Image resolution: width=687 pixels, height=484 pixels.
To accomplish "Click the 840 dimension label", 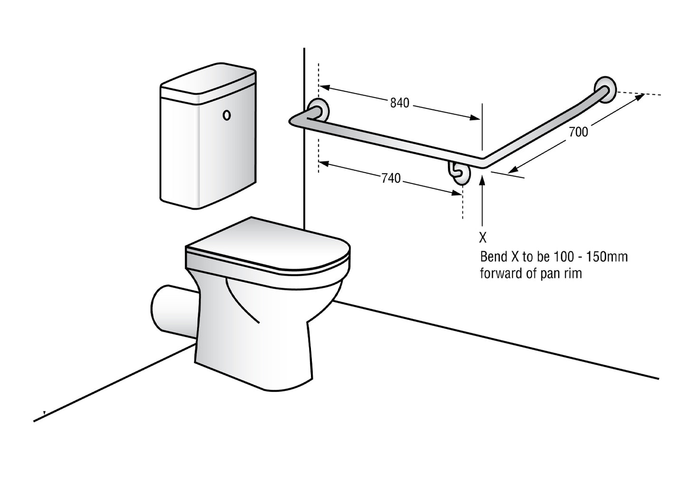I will coord(399,103).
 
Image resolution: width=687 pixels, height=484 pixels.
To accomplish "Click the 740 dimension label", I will coord(391,178).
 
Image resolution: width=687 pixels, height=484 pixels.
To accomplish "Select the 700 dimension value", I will coord(578,132).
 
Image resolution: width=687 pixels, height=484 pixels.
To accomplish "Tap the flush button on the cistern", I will coord(227,115).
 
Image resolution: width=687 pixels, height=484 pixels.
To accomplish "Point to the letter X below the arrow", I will coord(483,237).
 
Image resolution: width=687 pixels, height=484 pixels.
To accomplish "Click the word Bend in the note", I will coord(494,257).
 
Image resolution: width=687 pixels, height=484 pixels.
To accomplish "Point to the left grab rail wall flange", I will coord(317,110).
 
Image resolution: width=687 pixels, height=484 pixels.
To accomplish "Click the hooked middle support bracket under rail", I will coord(459,172).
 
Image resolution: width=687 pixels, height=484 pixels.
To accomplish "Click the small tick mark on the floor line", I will coord(44,413).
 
